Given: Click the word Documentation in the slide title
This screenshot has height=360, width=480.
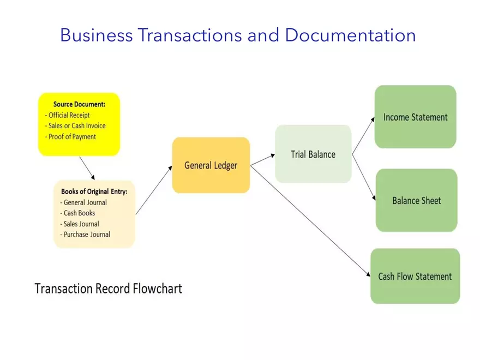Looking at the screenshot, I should [x=350, y=35].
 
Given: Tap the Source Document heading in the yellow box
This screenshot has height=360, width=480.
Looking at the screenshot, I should [x=79, y=104].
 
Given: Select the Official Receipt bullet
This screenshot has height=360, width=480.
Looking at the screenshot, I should [x=69, y=115].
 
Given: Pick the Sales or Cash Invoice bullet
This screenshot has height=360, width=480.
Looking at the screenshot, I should [x=77, y=126].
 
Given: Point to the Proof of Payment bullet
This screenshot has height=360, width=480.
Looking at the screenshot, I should [x=72, y=137].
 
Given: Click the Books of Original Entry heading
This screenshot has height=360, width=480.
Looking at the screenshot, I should [x=94, y=191].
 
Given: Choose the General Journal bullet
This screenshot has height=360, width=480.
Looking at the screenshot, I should [x=85, y=202].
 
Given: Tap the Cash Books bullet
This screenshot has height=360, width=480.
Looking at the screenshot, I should [x=79, y=213].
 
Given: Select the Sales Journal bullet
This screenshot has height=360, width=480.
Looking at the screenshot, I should [x=81, y=224].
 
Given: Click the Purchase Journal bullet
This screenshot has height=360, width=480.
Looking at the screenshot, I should [x=87, y=235].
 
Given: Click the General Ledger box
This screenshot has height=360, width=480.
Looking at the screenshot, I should [x=211, y=165].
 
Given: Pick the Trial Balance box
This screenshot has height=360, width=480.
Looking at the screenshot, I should [x=313, y=154].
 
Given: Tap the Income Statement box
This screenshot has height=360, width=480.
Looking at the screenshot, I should [x=415, y=117].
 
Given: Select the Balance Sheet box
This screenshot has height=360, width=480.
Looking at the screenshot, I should [x=416, y=201].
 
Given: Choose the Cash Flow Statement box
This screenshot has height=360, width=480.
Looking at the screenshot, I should [x=415, y=277].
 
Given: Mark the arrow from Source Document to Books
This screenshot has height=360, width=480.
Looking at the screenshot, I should [x=87, y=168].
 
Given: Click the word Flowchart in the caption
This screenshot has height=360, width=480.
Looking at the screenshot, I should [x=158, y=289].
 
